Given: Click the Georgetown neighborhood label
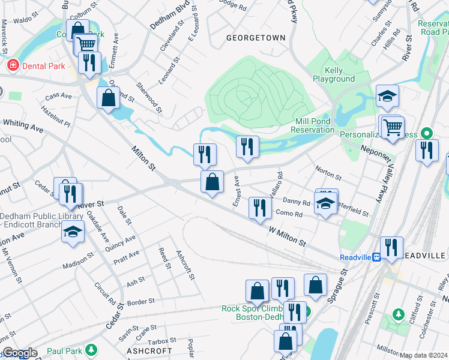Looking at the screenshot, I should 256,38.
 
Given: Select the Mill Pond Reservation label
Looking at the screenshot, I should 313,125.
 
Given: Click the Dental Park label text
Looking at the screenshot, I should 44,64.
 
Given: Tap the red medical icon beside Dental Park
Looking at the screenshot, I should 11,64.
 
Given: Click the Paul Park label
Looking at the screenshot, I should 64,350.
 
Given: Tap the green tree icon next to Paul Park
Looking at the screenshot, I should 91,350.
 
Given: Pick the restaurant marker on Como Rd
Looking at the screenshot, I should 259,208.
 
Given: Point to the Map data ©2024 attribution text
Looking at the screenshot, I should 424,355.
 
